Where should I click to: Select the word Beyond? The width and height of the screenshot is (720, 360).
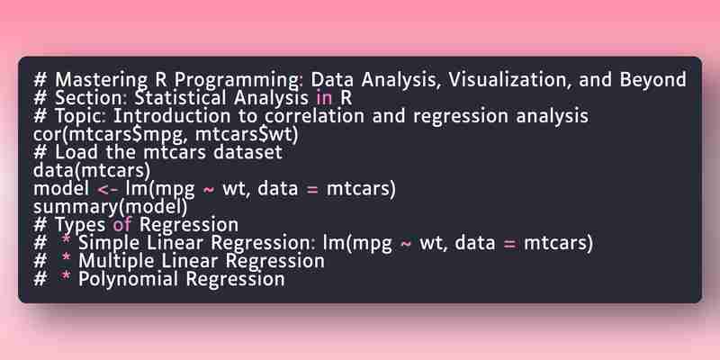[653, 81]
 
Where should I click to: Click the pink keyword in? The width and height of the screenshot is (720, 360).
[324, 98]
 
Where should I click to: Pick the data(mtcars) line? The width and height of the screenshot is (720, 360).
[92, 170]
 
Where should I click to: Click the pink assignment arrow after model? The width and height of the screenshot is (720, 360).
[109, 189]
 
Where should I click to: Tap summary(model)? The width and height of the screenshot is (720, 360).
[110, 207]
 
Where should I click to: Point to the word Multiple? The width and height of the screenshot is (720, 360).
[116, 261]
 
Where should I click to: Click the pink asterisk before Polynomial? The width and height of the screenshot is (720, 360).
[67, 277]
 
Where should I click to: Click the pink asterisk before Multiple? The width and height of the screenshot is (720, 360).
[67, 259]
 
